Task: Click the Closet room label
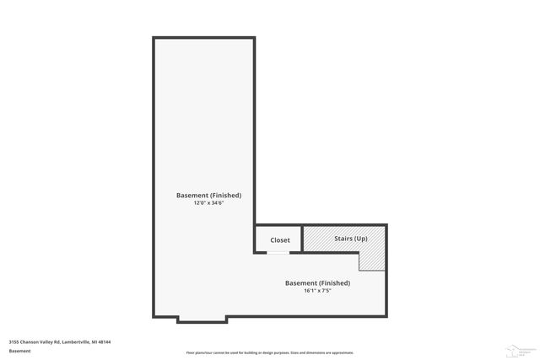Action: click(280, 240)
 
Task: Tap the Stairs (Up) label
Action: click(346, 239)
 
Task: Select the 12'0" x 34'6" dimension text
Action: click(208, 203)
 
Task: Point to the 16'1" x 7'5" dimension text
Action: click(317, 291)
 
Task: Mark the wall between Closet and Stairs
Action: click(304, 239)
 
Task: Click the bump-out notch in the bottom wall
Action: click(202, 320)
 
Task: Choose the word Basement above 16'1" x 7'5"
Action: click(301, 283)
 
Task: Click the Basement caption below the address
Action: click(19, 351)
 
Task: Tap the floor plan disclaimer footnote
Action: click(270, 352)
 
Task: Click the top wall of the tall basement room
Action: click(203, 38)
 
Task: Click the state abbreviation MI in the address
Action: click(94, 342)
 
